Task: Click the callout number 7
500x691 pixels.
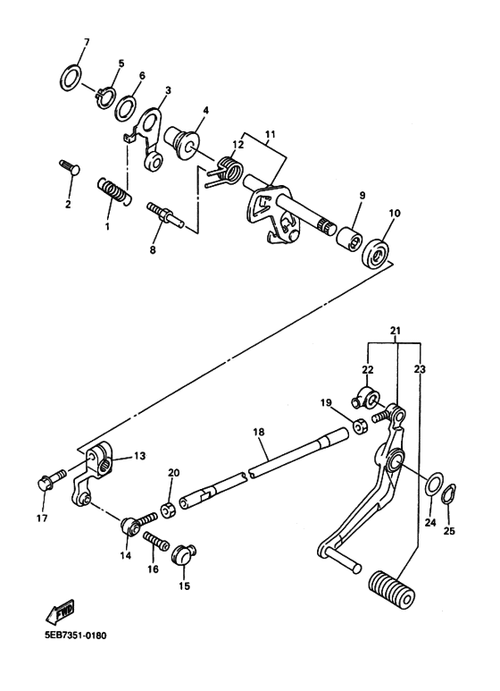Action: [86, 42]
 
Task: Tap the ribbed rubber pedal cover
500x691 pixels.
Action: [387, 594]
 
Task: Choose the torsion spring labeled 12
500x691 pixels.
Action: [227, 167]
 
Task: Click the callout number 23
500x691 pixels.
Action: [418, 367]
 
